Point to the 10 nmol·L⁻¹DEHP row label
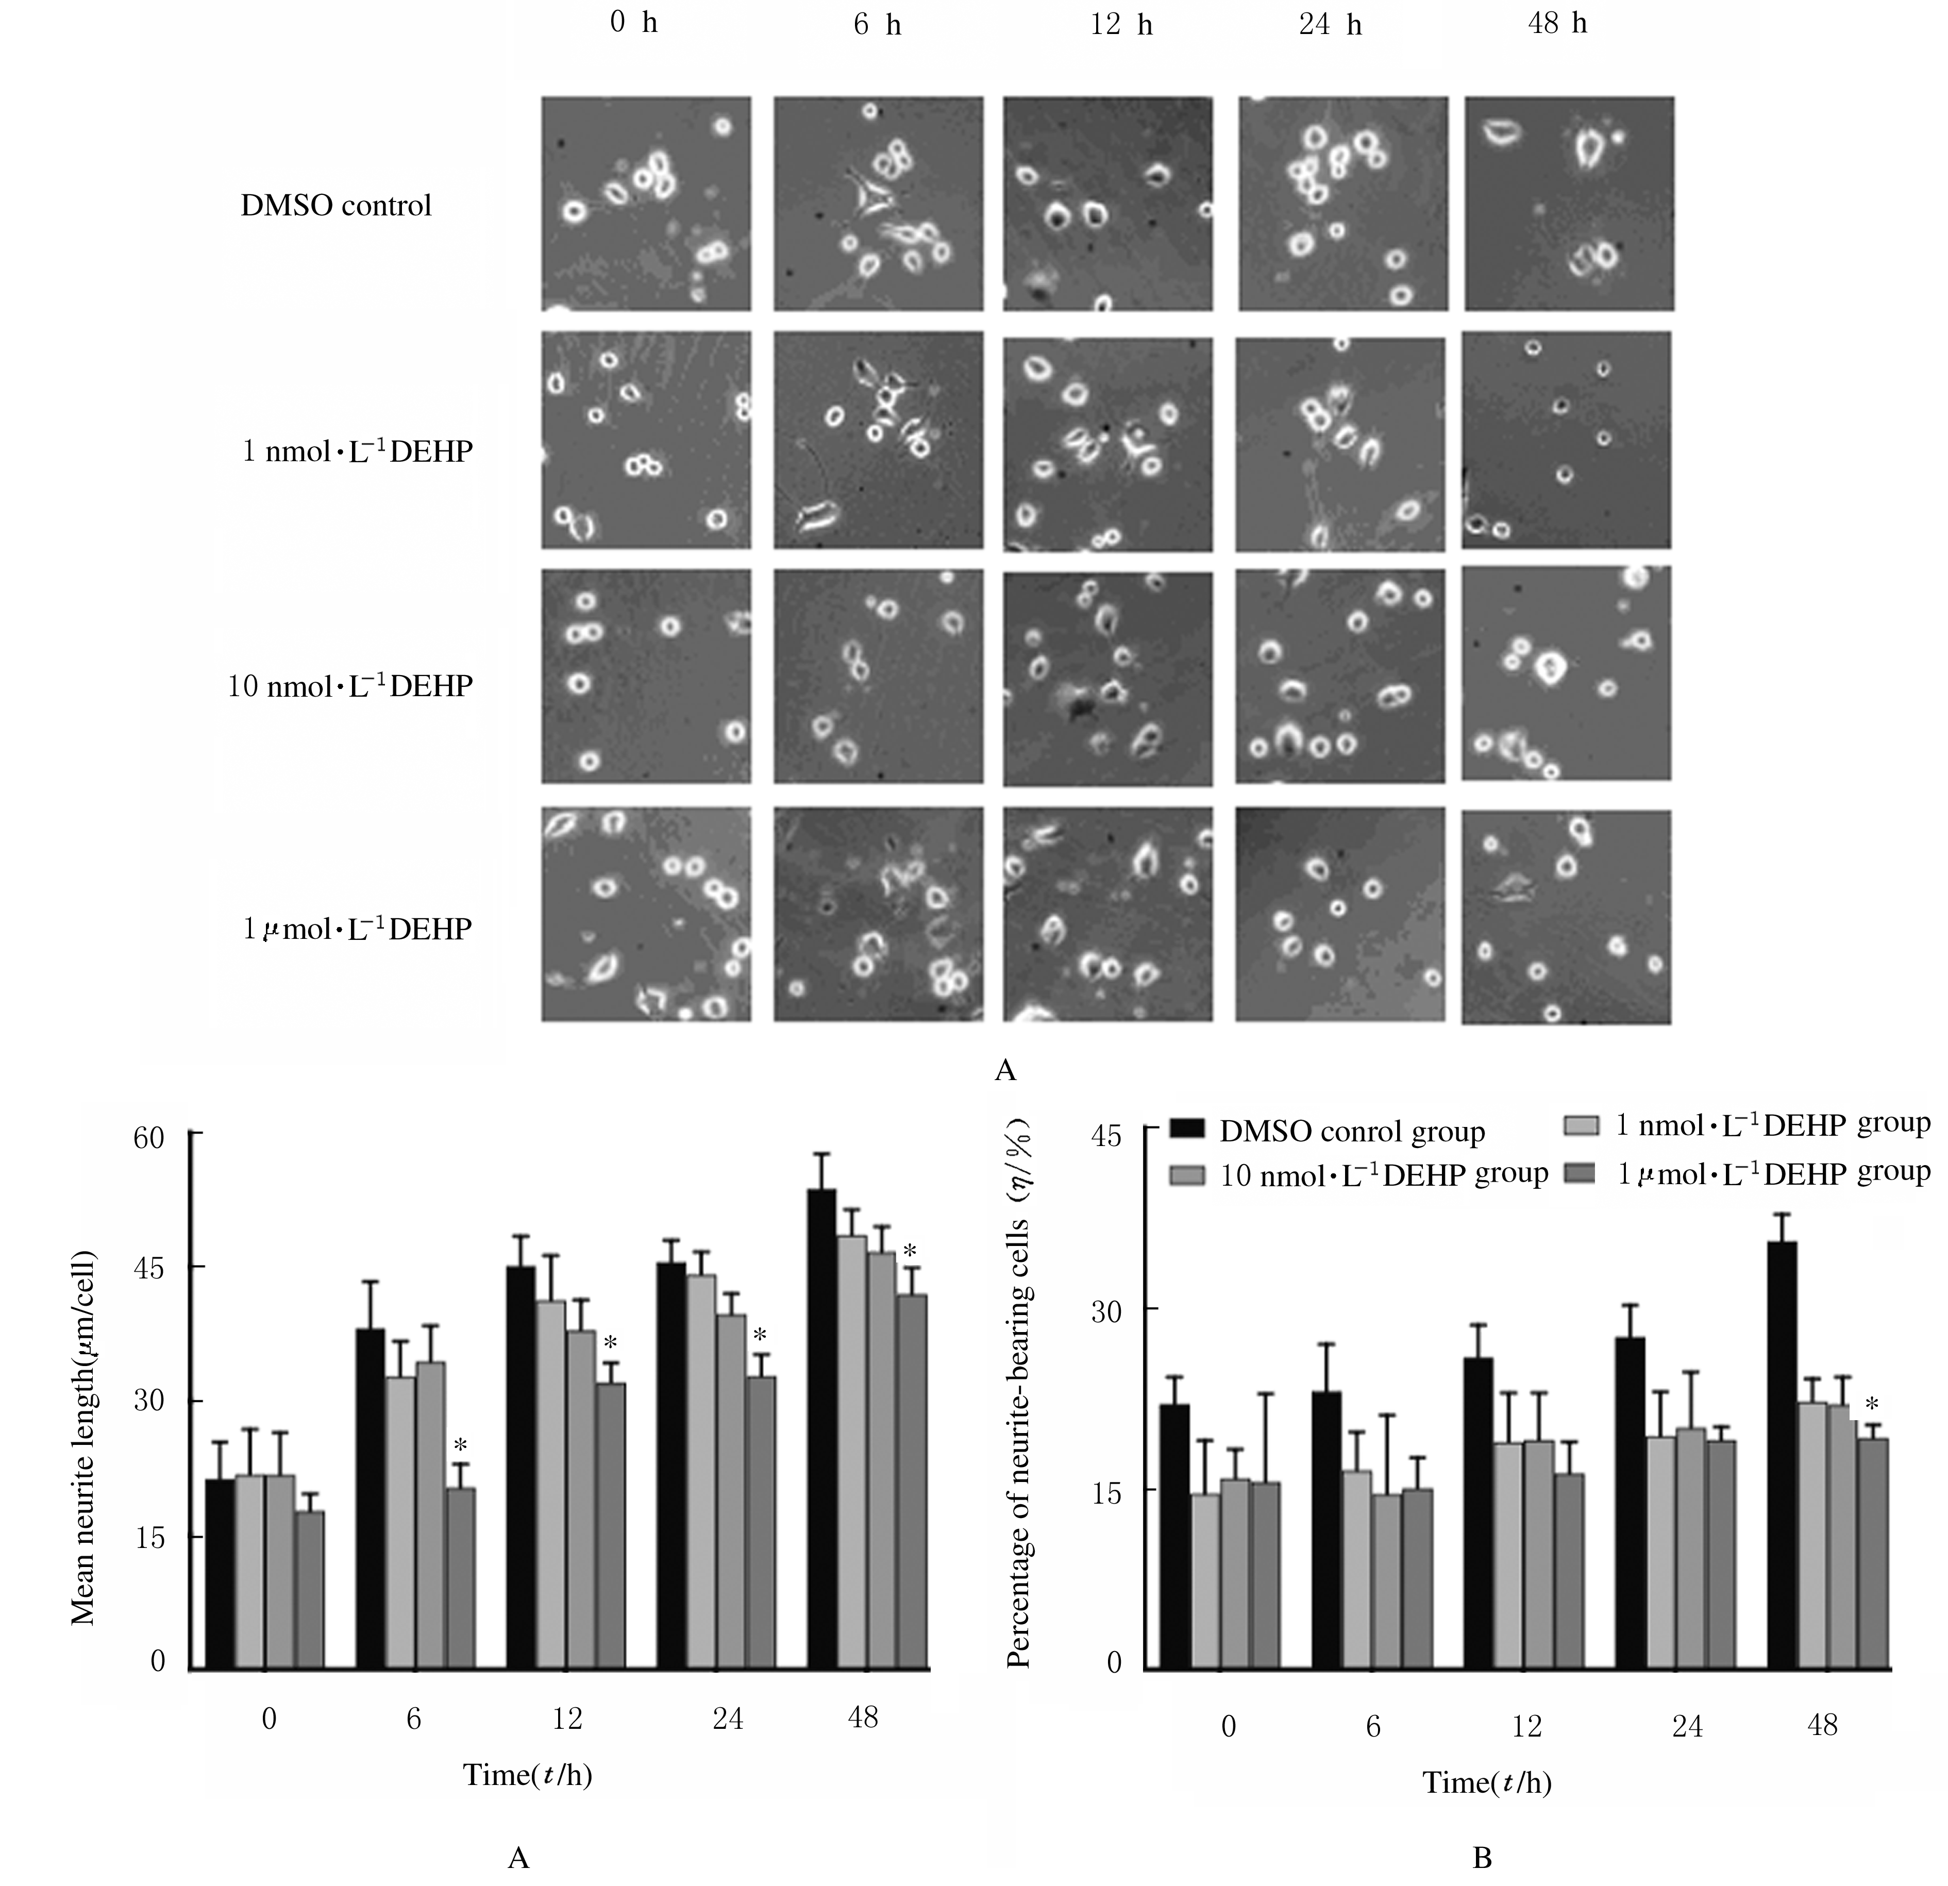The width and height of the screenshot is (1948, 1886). (x=350, y=686)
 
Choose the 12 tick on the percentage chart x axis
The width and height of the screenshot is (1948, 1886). (x=1526, y=1726)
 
